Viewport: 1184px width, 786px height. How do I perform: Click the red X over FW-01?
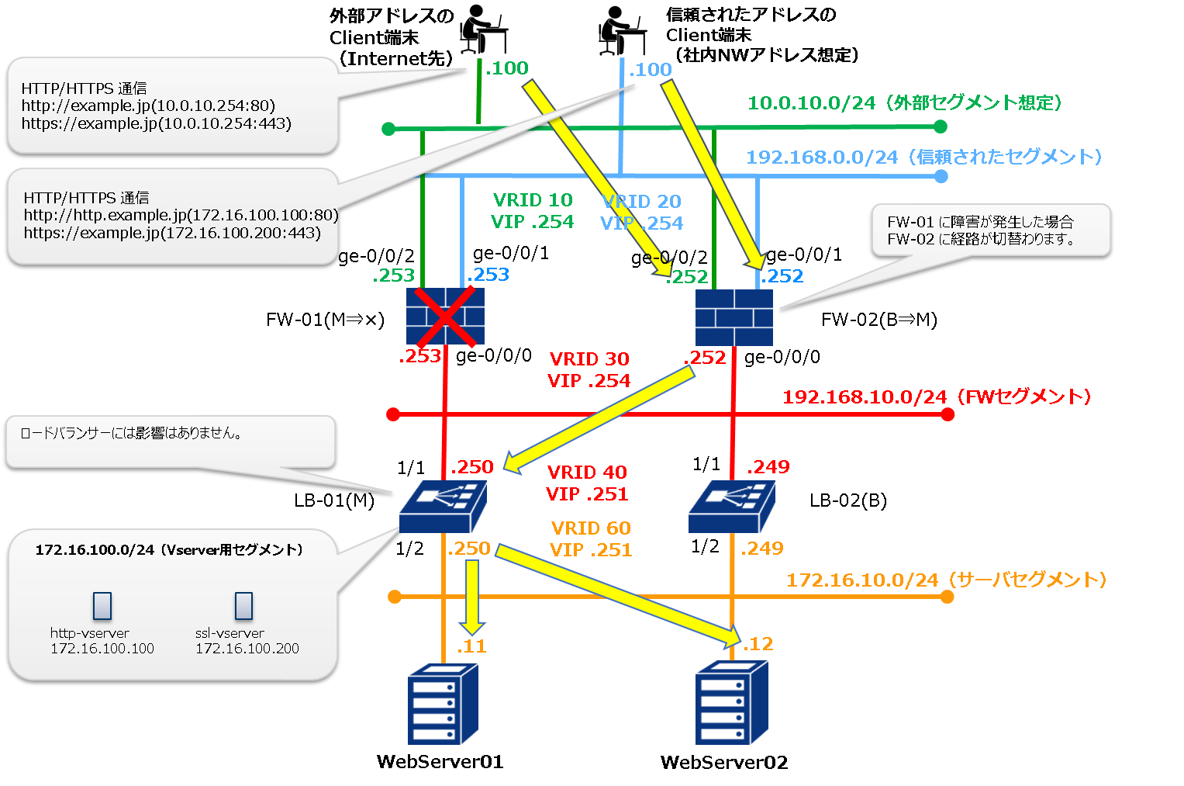click(445, 317)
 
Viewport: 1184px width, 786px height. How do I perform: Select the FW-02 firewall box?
click(734, 317)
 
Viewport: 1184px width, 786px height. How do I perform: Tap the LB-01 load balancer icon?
click(443, 507)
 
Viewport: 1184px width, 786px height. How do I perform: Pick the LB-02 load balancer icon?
click(731, 507)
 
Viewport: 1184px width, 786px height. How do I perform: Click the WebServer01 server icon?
click(443, 704)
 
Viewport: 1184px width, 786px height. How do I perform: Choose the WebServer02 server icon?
click(731, 703)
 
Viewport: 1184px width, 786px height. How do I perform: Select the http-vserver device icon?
click(102, 606)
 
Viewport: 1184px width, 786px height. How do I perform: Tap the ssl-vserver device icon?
click(243, 606)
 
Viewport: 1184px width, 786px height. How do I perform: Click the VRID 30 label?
click(589, 359)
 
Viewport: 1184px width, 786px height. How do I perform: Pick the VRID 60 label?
click(591, 528)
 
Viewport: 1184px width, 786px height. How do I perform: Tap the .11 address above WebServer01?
click(471, 646)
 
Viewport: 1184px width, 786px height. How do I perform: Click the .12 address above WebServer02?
click(758, 644)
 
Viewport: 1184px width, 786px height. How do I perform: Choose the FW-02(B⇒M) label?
click(879, 320)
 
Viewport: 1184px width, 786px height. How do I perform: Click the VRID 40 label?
click(587, 473)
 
